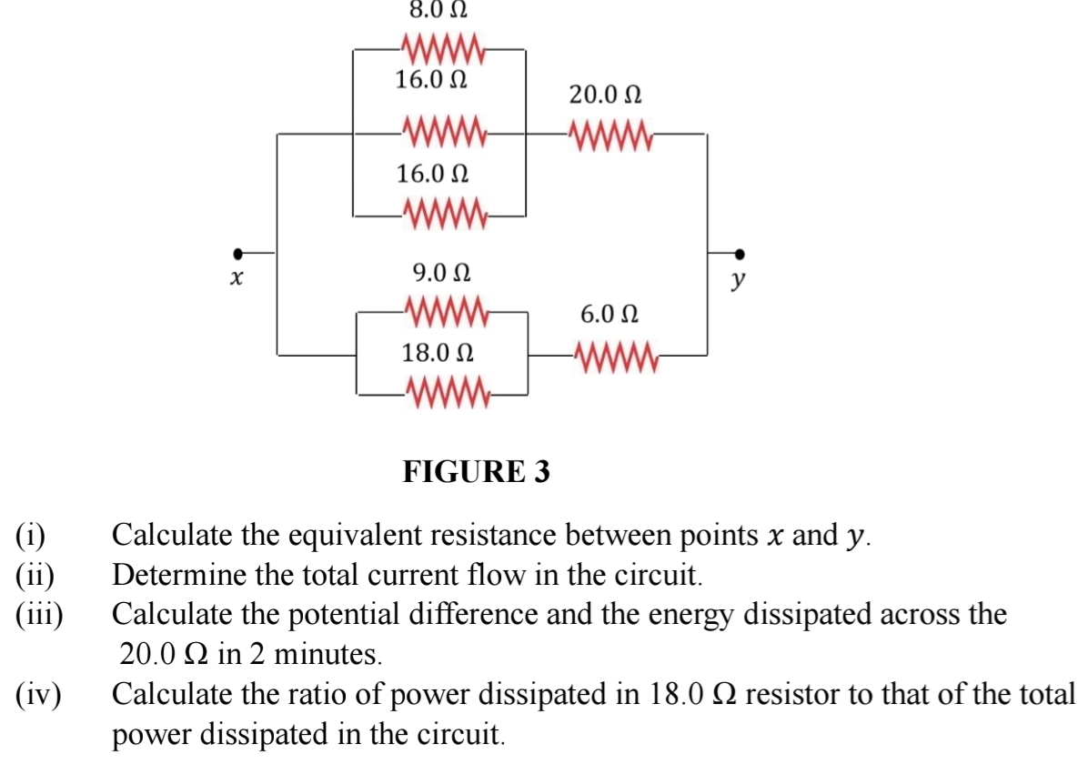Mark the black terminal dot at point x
pyautogui.click(x=238, y=254)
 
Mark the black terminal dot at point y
pyautogui.click(x=740, y=254)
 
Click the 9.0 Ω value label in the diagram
pyautogui.click(x=441, y=272)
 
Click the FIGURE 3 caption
pyautogui.click(x=477, y=472)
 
